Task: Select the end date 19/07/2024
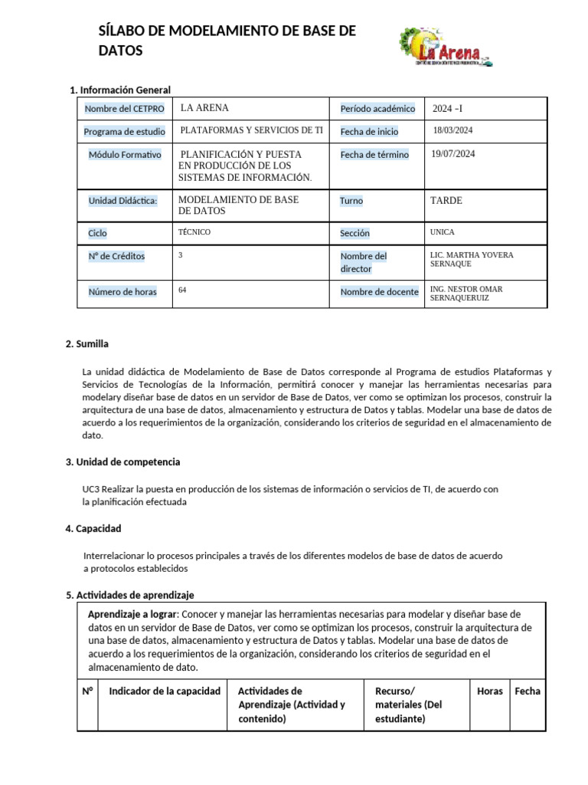click(453, 154)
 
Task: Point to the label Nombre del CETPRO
click(124, 109)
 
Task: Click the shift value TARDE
click(447, 201)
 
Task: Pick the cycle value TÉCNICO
click(194, 232)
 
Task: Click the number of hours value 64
click(182, 291)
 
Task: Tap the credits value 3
click(180, 255)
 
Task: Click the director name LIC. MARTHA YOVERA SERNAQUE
click(472, 259)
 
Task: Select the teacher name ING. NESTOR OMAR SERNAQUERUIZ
click(467, 294)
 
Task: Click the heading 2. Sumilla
click(87, 343)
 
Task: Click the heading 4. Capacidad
click(93, 529)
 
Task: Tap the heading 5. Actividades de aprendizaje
click(130, 595)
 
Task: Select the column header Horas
click(489, 691)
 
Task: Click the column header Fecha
click(527, 691)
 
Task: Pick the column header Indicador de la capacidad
click(165, 691)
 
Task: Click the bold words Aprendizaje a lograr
click(132, 615)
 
